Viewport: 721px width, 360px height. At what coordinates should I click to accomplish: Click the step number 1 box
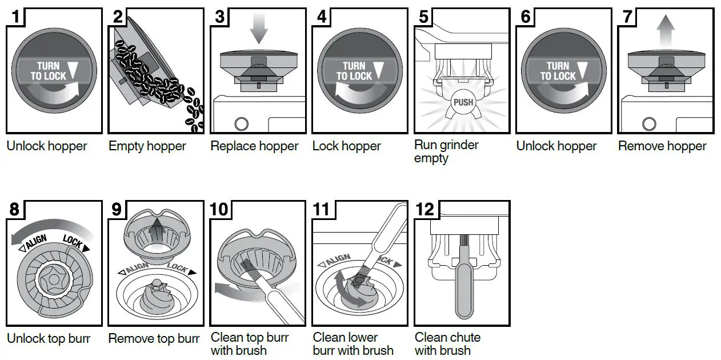(17, 17)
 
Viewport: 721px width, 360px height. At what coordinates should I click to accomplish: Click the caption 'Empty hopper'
(147, 146)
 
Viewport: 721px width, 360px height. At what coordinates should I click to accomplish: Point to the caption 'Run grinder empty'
(446, 152)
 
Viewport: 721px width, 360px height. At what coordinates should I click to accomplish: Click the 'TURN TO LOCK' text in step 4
(354, 71)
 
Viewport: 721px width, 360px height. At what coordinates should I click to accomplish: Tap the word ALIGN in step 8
(35, 242)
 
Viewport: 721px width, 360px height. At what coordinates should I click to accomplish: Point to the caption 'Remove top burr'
(154, 339)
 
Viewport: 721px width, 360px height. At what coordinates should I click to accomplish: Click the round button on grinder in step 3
(241, 123)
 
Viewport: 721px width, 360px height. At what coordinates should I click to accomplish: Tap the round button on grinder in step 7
(649, 123)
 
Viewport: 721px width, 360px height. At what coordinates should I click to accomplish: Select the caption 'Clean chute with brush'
(447, 344)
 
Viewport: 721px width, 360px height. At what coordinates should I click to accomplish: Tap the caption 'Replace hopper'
(254, 146)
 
